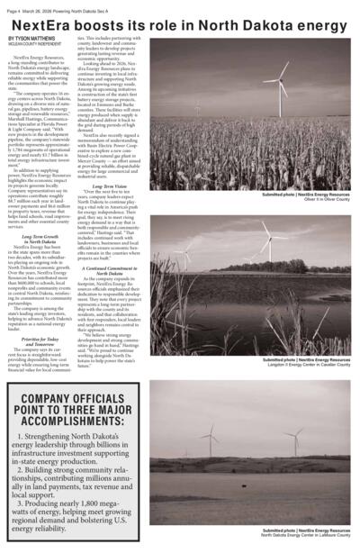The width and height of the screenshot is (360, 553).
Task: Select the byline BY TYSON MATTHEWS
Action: (x=31, y=40)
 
